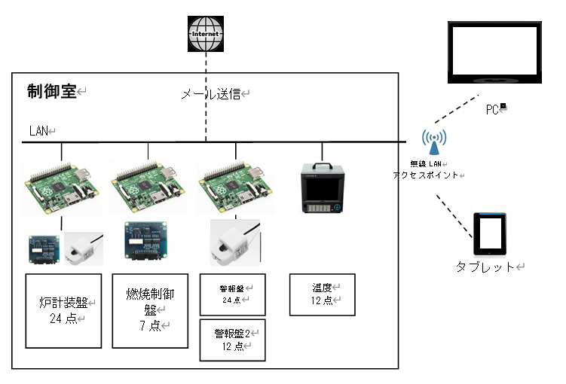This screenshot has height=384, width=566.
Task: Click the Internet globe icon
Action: [x=207, y=34]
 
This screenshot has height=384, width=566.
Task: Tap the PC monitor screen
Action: [x=494, y=51]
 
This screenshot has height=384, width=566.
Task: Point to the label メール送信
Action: [x=211, y=94]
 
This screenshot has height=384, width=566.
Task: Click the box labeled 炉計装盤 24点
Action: [x=63, y=310]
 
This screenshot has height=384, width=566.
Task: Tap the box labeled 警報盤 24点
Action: [x=233, y=294]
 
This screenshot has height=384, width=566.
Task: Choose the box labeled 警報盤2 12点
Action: [x=233, y=340]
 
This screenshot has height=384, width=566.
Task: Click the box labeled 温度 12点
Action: [x=323, y=294]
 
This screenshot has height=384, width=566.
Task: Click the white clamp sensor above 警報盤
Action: [x=234, y=242]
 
